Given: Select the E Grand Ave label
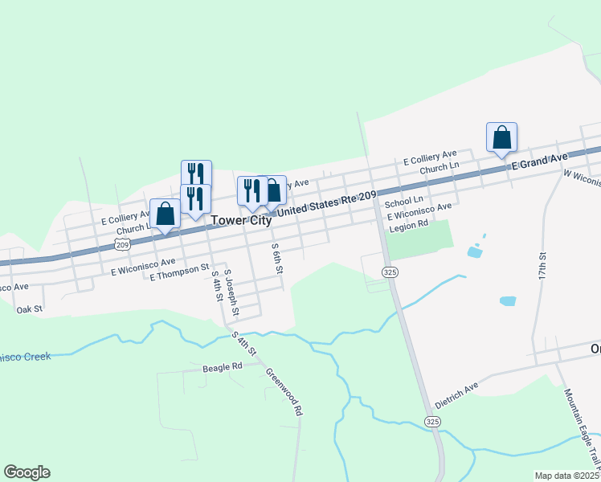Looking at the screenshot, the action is point(540,161).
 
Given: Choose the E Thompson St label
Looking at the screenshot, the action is point(179,272).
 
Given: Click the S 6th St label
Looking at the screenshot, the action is point(277,258).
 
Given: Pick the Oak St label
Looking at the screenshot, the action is point(28,308).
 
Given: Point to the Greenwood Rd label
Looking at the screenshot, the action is point(284,391).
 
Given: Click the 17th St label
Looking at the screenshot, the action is point(543,265).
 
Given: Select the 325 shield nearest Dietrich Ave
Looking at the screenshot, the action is point(433,421).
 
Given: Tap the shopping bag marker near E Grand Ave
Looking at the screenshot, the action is point(501,137).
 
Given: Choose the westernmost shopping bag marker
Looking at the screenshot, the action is point(165,214).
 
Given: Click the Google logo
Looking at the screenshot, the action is point(27,472).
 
